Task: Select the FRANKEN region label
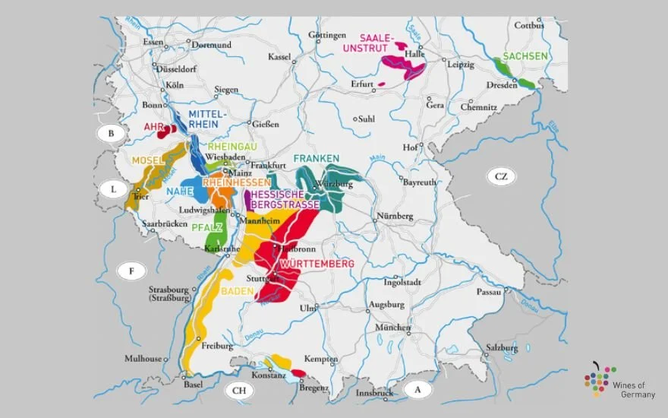coord(316,159)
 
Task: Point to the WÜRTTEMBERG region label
coord(317,264)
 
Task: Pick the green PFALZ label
coord(206,226)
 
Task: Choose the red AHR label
coord(154,127)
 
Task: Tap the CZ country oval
coord(500,177)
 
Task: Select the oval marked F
coord(131,270)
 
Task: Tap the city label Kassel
coord(280,57)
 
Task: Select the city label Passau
coord(489,291)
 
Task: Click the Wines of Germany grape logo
coord(599,378)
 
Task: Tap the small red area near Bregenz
coord(299,373)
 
